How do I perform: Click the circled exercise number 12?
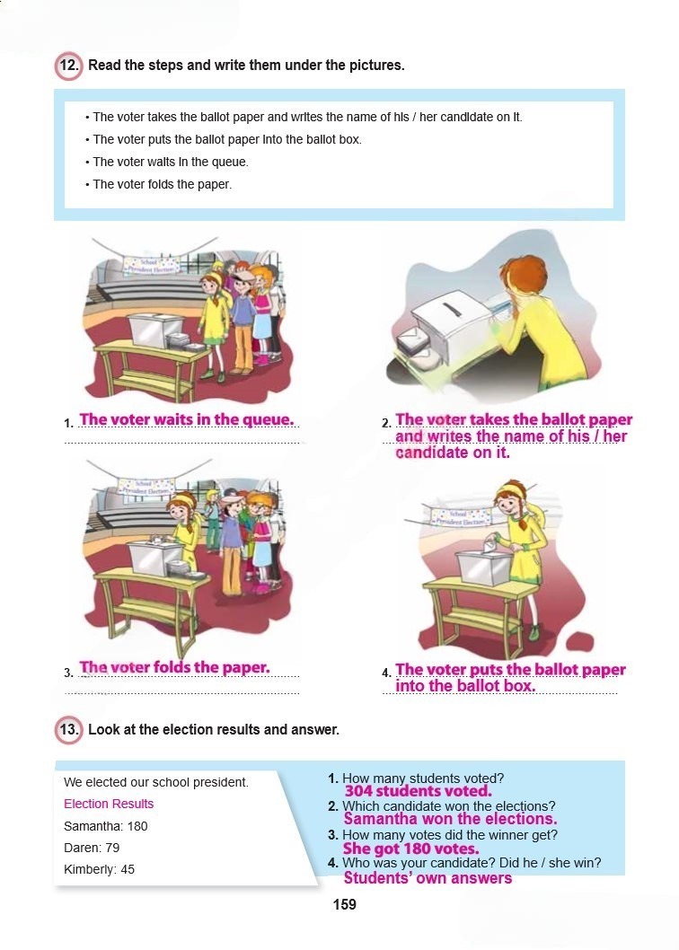68,66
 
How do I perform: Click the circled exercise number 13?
68,729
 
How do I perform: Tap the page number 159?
344,904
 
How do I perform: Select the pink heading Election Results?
109,804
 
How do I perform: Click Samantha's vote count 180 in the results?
137,826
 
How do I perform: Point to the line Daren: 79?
92,848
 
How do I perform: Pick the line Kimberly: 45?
99,869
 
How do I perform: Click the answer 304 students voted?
418,791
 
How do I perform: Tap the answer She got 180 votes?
410,849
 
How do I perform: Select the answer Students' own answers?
428,878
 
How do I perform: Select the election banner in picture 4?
461,517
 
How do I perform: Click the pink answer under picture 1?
186,419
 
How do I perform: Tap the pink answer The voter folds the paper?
174,667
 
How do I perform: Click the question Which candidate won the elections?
449,806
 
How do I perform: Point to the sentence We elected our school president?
155,782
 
